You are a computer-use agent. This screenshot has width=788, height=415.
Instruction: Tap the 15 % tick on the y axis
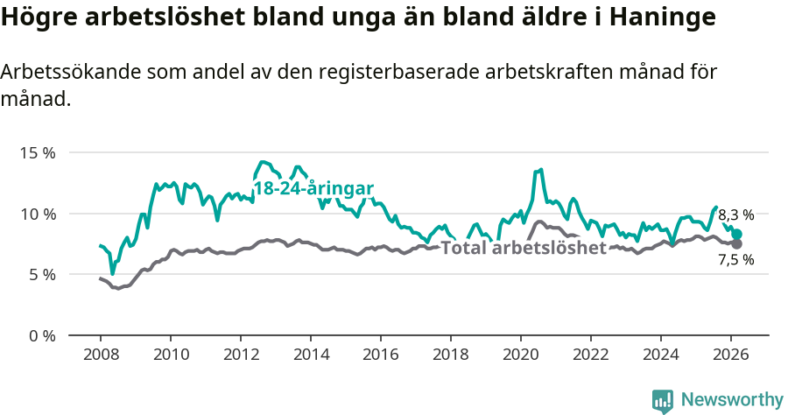point(37,152)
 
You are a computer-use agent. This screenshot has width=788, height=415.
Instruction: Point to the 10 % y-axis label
point(37,214)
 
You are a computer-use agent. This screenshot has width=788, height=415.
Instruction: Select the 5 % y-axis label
point(41,274)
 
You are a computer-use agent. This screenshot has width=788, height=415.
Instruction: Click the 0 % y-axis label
point(41,335)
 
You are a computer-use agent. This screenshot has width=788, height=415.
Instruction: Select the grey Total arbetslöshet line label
point(524,248)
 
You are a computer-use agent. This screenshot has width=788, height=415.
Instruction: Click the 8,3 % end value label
point(735,215)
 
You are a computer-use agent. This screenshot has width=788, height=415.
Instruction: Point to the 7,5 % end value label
point(735,260)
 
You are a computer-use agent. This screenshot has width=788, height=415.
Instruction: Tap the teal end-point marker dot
point(737,234)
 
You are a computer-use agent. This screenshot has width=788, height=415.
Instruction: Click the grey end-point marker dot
point(737,243)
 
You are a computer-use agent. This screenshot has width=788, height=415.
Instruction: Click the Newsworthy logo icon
point(663,400)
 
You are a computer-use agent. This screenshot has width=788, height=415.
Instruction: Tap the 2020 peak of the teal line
point(541,170)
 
